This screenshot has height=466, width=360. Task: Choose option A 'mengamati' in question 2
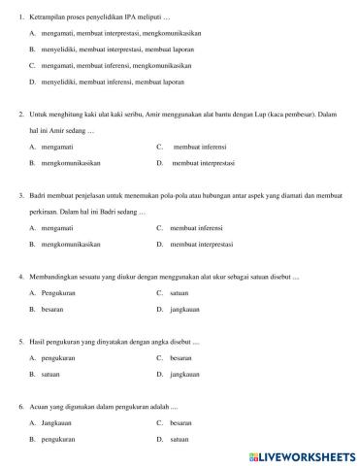[x=58, y=146]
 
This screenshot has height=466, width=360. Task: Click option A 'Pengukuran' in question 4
[x=60, y=292]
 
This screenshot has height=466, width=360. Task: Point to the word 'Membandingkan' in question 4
[x=53, y=277]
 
